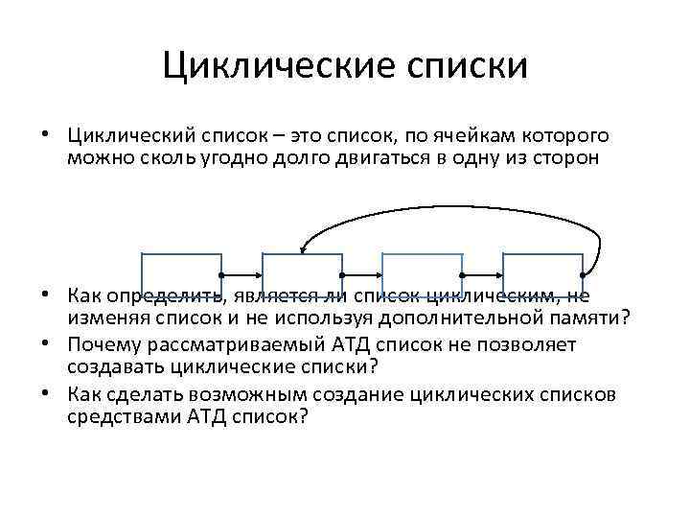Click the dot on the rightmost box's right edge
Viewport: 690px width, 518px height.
pyautogui.click(x=583, y=274)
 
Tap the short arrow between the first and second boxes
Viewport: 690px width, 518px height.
pyautogui.click(x=242, y=274)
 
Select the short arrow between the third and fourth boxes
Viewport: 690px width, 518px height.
pyautogui.click(x=482, y=274)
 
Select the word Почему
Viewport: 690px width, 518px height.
pyautogui.click(x=102, y=342)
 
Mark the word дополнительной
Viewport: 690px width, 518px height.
pyautogui.click(x=456, y=317)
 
